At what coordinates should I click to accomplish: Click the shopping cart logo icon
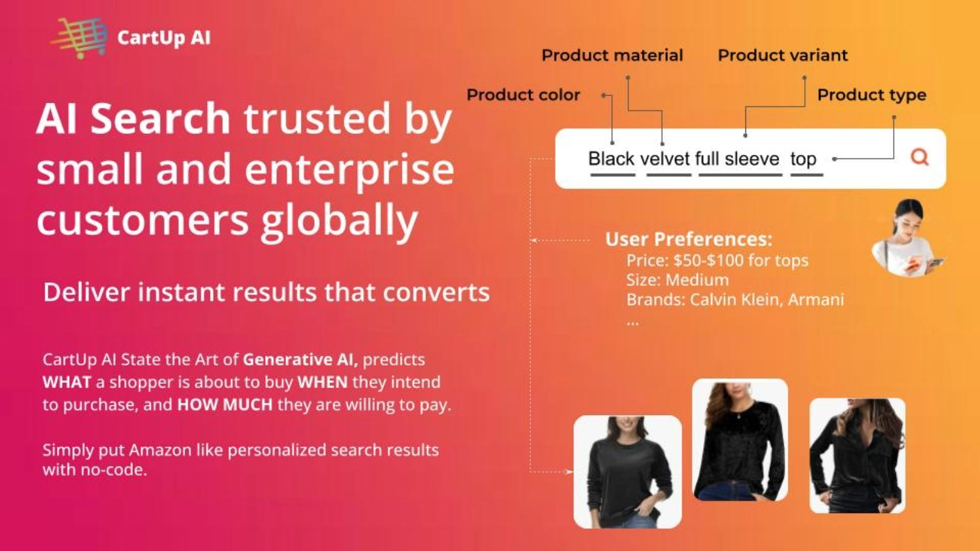pyautogui.click(x=79, y=38)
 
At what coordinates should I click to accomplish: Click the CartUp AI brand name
pyautogui.click(x=164, y=37)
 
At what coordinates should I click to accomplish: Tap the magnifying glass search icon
pyautogui.click(x=919, y=157)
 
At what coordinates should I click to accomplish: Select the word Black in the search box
pyautogui.click(x=611, y=159)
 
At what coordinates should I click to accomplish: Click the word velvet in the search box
pyautogui.click(x=665, y=159)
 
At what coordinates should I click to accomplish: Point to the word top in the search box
pyautogui.click(x=803, y=159)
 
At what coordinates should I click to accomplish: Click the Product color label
pyautogui.click(x=523, y=95)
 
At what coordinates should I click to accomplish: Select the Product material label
pyautogui.click(x=612, y=55)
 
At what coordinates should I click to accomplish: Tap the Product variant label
pyautogui.click(x=783, y=55)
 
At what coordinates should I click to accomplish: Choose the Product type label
pyautogui.click(x=872, y=95)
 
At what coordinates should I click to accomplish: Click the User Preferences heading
pyautogui.click(x=688, y=239)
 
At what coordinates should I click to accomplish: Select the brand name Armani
pyautogui.click(x=816, y=299)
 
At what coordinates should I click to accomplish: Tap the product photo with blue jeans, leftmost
pyautogui.click(x=627, y=472)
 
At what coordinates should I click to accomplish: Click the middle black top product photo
pyautogui.click(x=740, y=440)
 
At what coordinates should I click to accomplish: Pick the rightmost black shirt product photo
pyautogui.click(x=858, y=455)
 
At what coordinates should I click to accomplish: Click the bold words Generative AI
pyautogui.click(x=300, y=359)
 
